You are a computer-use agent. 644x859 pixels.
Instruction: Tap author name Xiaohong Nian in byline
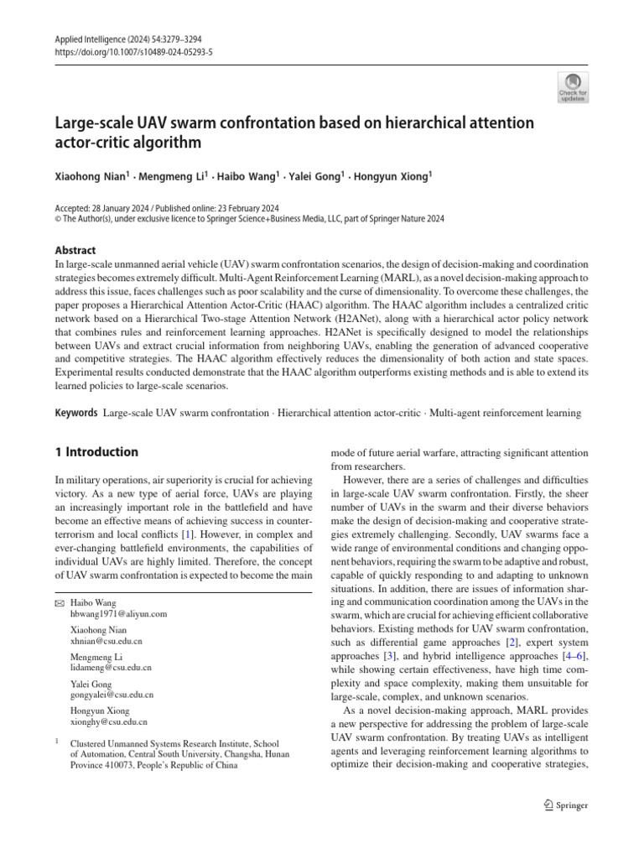91,177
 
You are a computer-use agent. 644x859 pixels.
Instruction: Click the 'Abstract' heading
75,250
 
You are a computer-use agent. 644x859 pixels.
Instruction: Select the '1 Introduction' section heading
96,452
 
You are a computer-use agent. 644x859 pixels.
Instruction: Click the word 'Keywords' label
76,413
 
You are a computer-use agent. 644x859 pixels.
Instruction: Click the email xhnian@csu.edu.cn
106,641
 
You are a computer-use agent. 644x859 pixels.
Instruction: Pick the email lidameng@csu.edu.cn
111,668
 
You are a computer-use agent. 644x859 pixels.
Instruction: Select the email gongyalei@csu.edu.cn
112,695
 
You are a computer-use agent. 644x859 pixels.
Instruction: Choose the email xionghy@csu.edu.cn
109,721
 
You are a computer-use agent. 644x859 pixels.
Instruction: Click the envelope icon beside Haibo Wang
59,603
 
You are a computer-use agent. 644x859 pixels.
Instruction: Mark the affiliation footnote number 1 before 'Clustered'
56,742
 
